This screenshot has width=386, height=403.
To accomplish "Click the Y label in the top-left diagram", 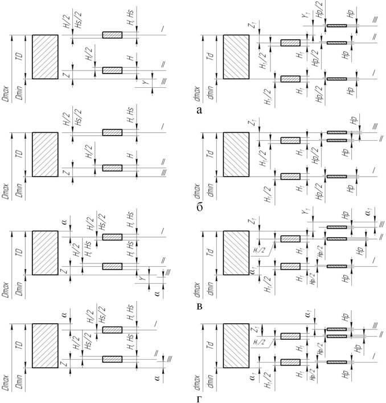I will coord(145,83).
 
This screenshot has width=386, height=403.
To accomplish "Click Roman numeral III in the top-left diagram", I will coord(163,84).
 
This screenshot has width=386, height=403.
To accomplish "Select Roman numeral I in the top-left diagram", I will coord(162,29).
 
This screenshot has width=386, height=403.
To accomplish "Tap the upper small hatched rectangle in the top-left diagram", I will coord(112,35).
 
